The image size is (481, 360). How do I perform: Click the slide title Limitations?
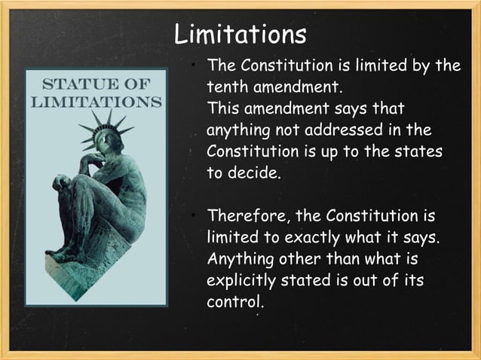pos(240,34)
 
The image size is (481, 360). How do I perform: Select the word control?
pos(235,302)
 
